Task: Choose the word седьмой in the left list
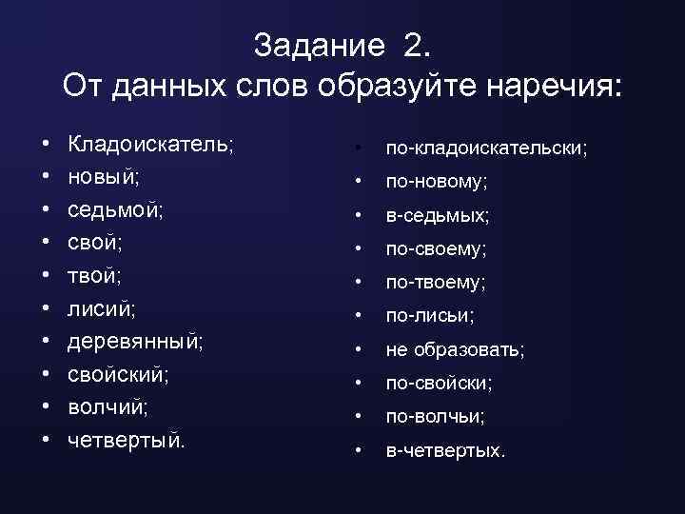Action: [113, 209]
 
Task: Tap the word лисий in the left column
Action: [100, 308]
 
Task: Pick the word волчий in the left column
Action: [106, 406]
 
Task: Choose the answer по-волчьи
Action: [434, 417]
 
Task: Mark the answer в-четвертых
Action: [443, 450]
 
